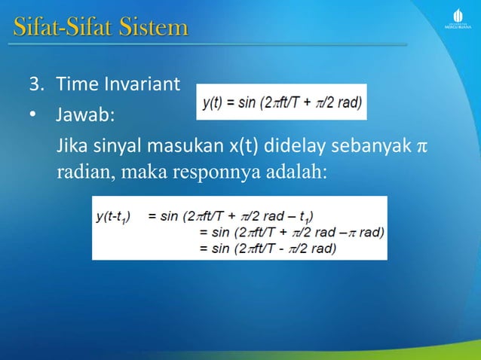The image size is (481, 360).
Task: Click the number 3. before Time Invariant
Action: pos(35,84)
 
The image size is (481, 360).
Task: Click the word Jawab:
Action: pos(85,117)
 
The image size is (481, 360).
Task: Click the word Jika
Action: pos(72,145)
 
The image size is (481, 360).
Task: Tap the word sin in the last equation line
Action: pos(223,247)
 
